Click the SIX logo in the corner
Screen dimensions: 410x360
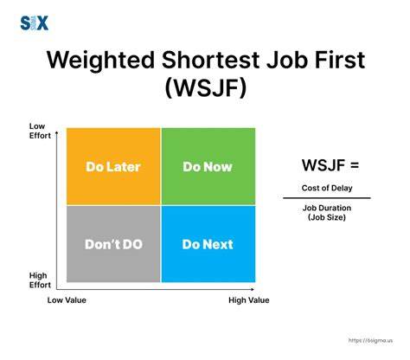pyautogui.click(x=34, y=23)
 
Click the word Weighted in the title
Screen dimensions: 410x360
pyautogui.click(x=100, y=61)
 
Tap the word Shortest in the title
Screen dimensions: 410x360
pyautogui.click(x=210, y=60)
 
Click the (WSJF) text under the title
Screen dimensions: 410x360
pyautogui.click(x=206, y=87)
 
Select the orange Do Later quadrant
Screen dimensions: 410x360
pyautogui.click(x=113, y=166)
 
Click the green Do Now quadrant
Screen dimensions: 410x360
pyautogui.click(x=208, y=166)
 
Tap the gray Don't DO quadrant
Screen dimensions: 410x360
pyautogui.click(x=113, y=244)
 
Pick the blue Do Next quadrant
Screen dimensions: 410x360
pyautogui.click(x=208, y=244)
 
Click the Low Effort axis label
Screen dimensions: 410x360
pyautogui.click(x=40, y=131)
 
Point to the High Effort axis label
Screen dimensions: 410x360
pyautogui.click(x=40, y=280)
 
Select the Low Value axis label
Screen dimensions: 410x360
pyautogui.click(x=67, y=300)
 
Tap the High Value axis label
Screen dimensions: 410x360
pyautogui.click(x=249, y=300)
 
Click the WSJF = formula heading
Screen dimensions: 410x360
pyautogui.click(x=330, y=165)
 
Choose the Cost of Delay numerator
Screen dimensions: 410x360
pyautogui.click(x=327, y=188)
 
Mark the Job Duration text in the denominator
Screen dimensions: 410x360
pyautogui.click(x=327, y=208)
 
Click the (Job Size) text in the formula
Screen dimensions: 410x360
pyautogui.click(x=327, y=217)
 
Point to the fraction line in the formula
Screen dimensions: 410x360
pyautogui.click(x=327, y=198)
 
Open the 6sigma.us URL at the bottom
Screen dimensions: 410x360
pyautogui.click(x=370, y=341)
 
